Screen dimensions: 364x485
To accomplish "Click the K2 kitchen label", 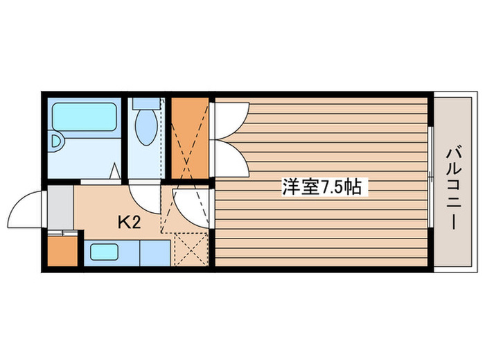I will (130, 223).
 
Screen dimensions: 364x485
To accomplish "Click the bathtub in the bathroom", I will (85, 116).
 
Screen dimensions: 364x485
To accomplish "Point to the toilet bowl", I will (146, 128).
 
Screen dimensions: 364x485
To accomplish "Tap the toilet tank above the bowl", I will (146, 103).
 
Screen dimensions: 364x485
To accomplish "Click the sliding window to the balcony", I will (430, 182).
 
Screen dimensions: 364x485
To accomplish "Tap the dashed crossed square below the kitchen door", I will (189, 250).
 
